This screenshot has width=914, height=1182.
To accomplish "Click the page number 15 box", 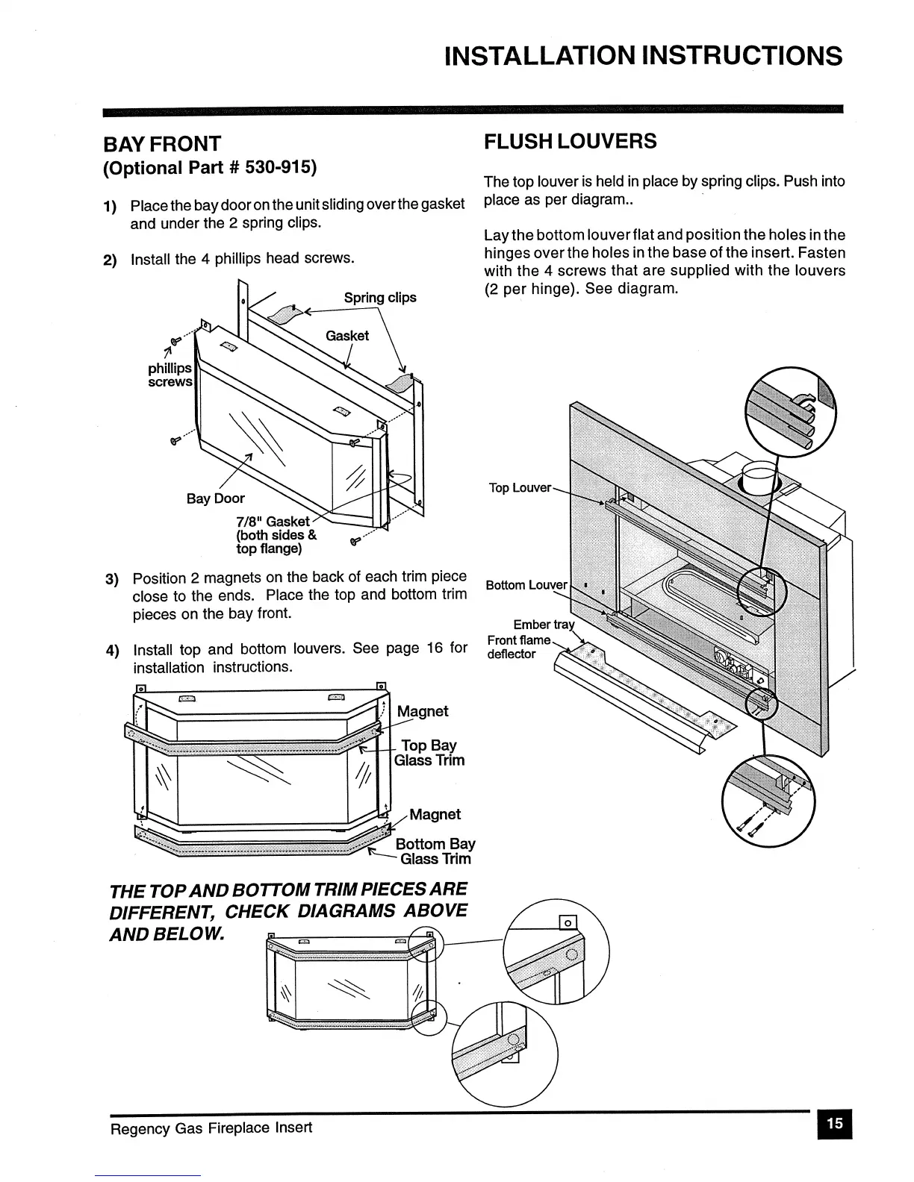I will [834, 1123].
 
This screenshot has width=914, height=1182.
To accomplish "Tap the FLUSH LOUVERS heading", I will [570, 141].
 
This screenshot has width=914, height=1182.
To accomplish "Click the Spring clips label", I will [379, 297].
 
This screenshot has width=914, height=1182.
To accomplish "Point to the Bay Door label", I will [215, 498].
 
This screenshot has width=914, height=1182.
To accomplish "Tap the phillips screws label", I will [170, 375].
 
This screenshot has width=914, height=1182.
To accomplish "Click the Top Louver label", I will [520, 487].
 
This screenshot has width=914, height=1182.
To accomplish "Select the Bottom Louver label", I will [526, 584].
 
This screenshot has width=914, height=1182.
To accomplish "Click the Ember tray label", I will [544, 625].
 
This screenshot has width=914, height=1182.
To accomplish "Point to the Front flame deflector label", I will [517, 647].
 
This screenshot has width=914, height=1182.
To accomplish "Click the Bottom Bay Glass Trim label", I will [435, 851].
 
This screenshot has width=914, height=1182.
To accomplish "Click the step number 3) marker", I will [112, 579].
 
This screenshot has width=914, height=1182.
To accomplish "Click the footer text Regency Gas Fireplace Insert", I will [211, 1127].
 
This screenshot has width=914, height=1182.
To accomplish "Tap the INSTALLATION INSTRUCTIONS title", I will [642, 56].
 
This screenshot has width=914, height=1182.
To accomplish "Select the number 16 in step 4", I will [435, 648].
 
